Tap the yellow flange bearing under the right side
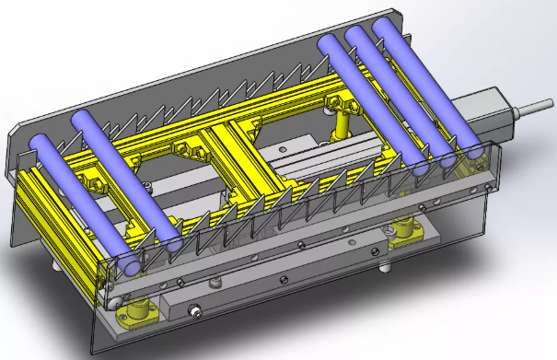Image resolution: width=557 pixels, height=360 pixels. (x=406, y=236)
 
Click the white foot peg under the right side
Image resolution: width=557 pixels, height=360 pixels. (x=384, y=268)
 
